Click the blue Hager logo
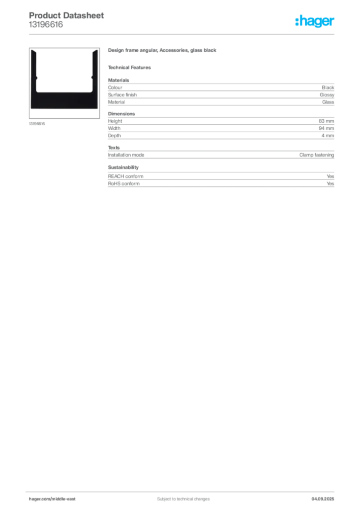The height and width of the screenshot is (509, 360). click(x=315, y=21)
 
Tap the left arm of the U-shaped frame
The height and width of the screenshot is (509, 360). click(x=35, y=70)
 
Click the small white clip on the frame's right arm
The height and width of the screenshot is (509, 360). click(x=90, y=75)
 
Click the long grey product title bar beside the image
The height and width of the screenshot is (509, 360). click(x=163, y=51)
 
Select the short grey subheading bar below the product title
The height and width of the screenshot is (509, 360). click(x=131, y=67)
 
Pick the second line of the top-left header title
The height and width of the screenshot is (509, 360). click(x=46, y=25)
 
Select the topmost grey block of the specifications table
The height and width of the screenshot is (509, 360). click(x=220, y=92)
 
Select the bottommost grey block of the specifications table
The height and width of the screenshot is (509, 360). click(x=220, y=180)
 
